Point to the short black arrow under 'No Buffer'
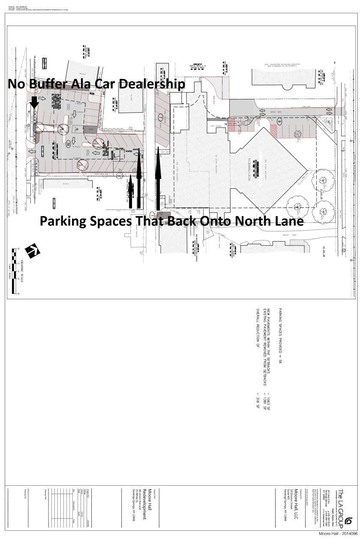pyautogui.click(x=34, y=103)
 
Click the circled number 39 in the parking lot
pyautogui.click(x=69, y=144)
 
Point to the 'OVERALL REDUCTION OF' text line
pyautogui.click(x=258, y=330)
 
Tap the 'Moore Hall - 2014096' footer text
pyautogui.click(x=336, y=534)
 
